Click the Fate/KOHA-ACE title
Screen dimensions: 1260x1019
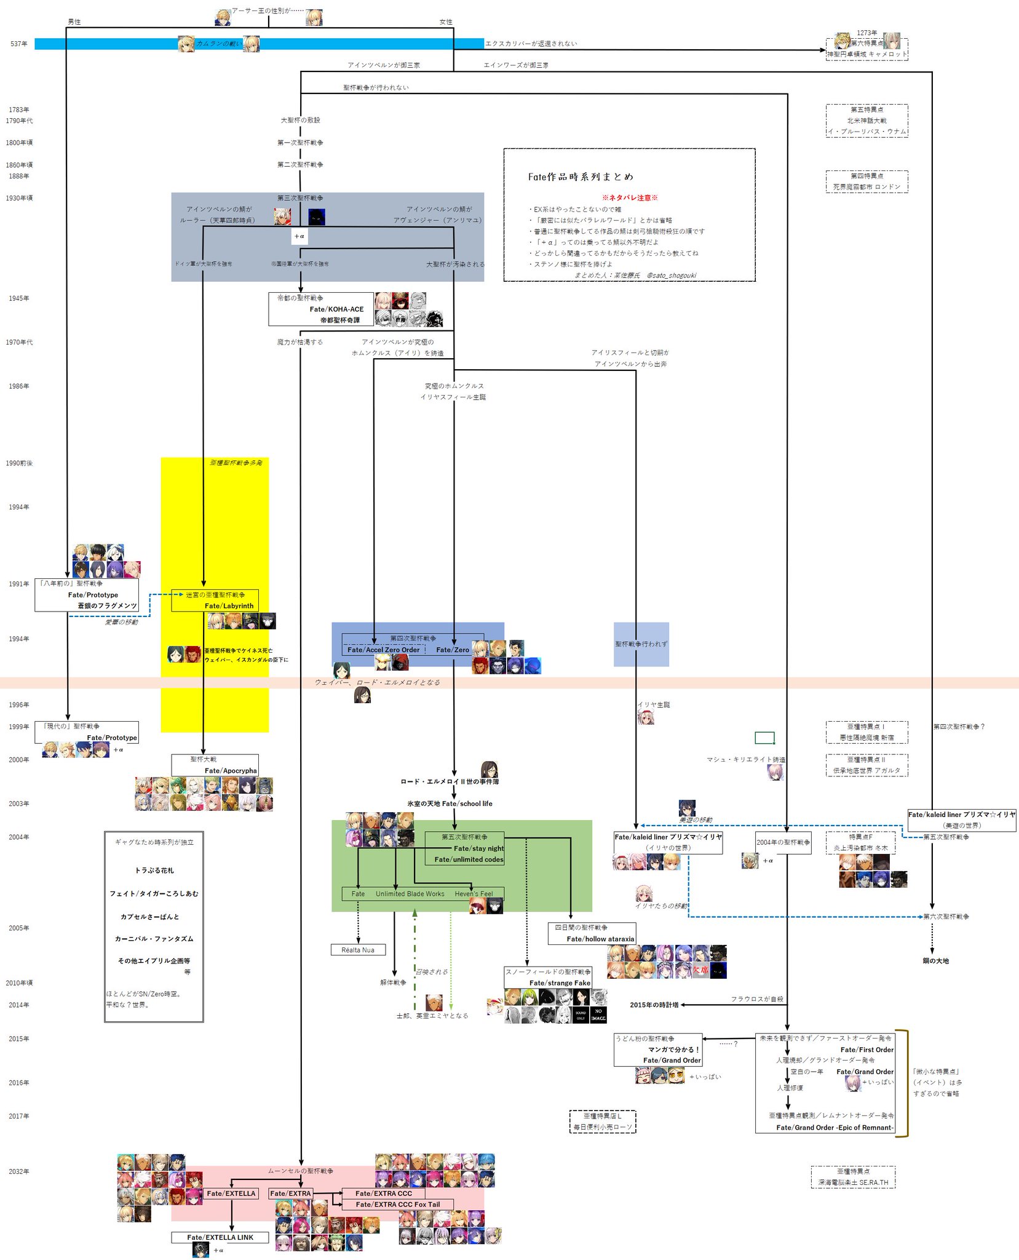[x=336, y=309]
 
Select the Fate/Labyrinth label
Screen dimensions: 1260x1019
[x=229, y=606]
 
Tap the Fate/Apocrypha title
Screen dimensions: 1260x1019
[x=231, y=771]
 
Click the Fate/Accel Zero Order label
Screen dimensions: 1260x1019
[x=383, y=650]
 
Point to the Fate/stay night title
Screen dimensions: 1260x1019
[x=478, y=848]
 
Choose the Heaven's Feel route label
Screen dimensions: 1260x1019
[x=474, y=894]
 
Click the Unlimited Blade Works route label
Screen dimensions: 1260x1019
[x=410, y=894]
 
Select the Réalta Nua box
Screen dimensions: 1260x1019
[x=358, y=950]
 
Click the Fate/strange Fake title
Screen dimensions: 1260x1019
[x=560, y=983]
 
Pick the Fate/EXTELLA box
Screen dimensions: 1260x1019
[x=231, y=1194]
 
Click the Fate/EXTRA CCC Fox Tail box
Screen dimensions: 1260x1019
[x=397, y=1205]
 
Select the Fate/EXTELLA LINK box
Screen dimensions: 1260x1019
[x=220, y=1237]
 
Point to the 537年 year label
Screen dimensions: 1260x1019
[x=19, y=44]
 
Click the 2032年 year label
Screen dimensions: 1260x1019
[x=19, y=1171]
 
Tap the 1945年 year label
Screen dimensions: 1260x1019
[x=19, y=298]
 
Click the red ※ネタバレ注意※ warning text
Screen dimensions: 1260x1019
[x=630, y=198]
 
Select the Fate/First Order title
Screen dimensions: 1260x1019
[x=866, y=1050]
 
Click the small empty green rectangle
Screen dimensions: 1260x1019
[x=764, y=738]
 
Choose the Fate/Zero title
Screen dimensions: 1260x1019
[x=453, y=650]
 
